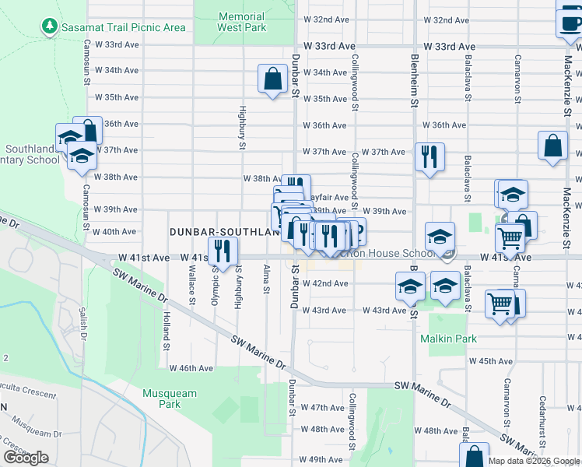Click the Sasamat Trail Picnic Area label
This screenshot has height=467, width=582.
(124, 27)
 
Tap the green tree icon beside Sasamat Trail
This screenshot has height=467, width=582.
(50, 26)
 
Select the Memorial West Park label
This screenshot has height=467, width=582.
(241, 22)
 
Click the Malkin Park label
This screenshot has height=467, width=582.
(448, 339)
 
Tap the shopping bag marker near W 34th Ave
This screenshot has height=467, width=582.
(272, 79)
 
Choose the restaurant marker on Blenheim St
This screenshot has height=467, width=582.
(429, 156)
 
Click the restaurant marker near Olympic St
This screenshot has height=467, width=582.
(223, 251)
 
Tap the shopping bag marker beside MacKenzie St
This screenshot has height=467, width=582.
(552, 146)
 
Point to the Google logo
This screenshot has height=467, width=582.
(26, 458)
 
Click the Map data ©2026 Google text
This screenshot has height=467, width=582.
(534, 461)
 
